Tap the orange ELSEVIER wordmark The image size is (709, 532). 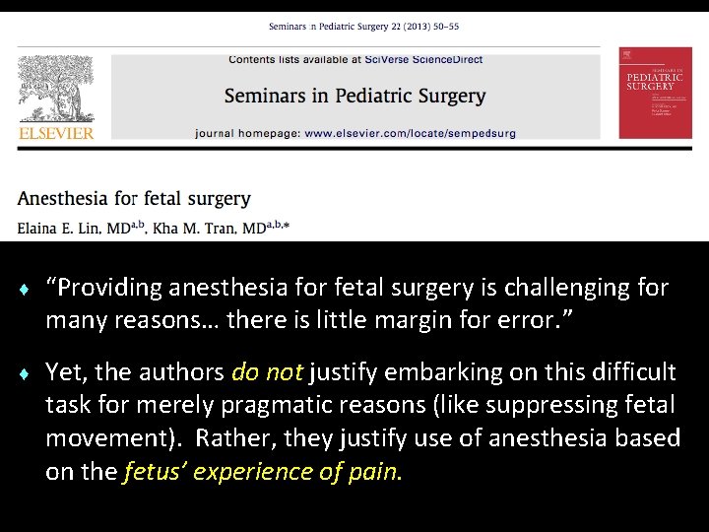56,133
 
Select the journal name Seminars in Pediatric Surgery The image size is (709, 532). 354,96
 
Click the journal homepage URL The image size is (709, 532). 409,133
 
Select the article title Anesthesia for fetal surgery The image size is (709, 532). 134,198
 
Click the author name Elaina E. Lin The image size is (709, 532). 74,228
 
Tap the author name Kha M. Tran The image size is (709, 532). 205,228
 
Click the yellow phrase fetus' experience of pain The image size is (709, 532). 263,472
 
